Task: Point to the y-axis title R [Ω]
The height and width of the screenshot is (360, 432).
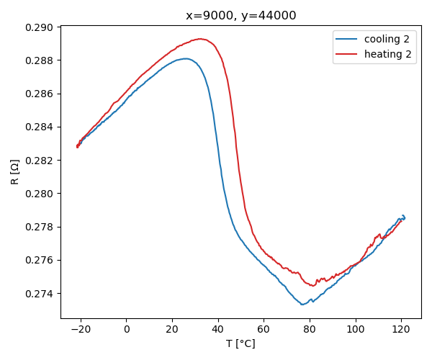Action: point(14,172)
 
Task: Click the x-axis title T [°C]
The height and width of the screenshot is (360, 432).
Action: point(240,343)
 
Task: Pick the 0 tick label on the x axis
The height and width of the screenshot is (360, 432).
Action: point(127,330)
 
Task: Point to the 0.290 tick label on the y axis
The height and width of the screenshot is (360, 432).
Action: point(40,27)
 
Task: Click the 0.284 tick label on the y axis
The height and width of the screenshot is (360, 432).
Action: point(40,127)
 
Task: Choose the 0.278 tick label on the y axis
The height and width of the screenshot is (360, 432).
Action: point(40,227)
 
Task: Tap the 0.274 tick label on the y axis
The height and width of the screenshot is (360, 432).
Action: point(40,294)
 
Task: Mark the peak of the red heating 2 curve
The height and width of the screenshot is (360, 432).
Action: point(199,39)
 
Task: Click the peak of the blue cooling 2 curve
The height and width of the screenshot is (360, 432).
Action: point(186,58)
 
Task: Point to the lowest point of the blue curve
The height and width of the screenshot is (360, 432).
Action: point(302,305)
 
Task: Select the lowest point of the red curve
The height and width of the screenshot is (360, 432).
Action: point(312,286)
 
